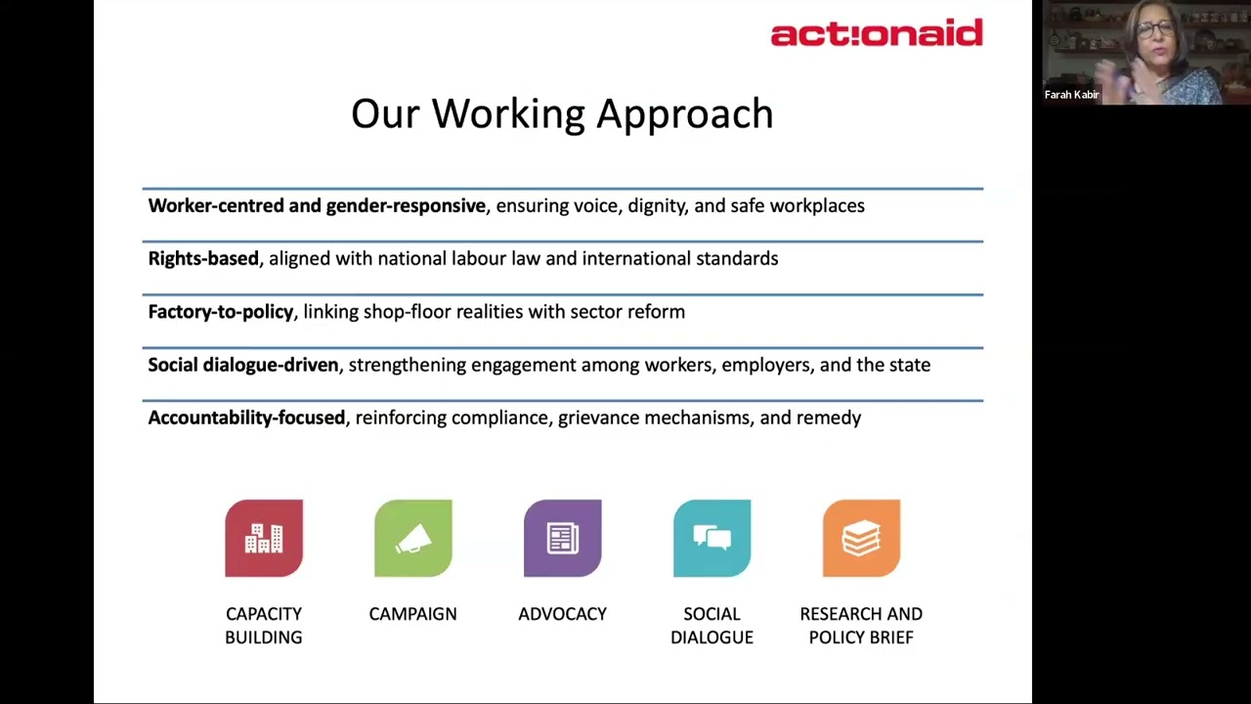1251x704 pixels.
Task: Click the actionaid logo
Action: (x=877, y=32)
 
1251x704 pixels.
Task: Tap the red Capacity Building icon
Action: (x=264, y=538)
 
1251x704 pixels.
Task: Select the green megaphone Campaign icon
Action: (x=413, y=538)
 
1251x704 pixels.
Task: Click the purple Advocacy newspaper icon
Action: (x=562, y=538)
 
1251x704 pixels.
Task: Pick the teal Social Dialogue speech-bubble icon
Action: (x=712, y=538)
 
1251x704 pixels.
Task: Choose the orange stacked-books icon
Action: (x=861, y=538)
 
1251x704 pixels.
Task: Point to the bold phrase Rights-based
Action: (x=203, y=259)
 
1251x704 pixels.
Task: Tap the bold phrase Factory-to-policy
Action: (x=221, y=312)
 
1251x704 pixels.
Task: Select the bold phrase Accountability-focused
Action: (x=246, y=418)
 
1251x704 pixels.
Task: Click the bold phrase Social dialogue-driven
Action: (x=243, y=365)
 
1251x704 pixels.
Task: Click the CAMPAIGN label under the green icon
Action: (x=413, y=614)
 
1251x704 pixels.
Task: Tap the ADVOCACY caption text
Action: (x=562, y=614)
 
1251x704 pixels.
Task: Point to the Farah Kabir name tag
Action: (x=1072, y=95)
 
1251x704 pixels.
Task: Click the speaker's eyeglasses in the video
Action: (x=1155, y=28)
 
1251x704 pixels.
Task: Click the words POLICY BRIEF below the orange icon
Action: (x=861, y=638)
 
